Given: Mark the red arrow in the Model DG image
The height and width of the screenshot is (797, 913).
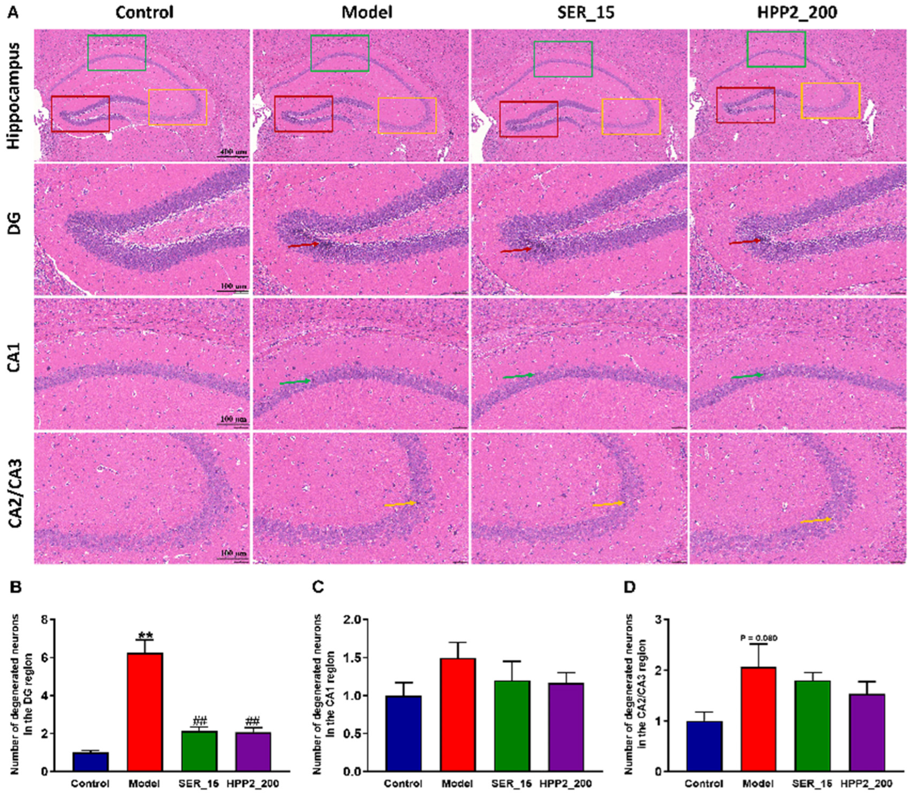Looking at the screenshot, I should coord(303,244).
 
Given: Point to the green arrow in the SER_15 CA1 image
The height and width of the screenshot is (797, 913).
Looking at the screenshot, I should coord(518,376).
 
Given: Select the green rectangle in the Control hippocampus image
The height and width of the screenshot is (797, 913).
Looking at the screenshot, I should coord(117,36).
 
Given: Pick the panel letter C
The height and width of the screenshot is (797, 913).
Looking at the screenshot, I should coord(318,587).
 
